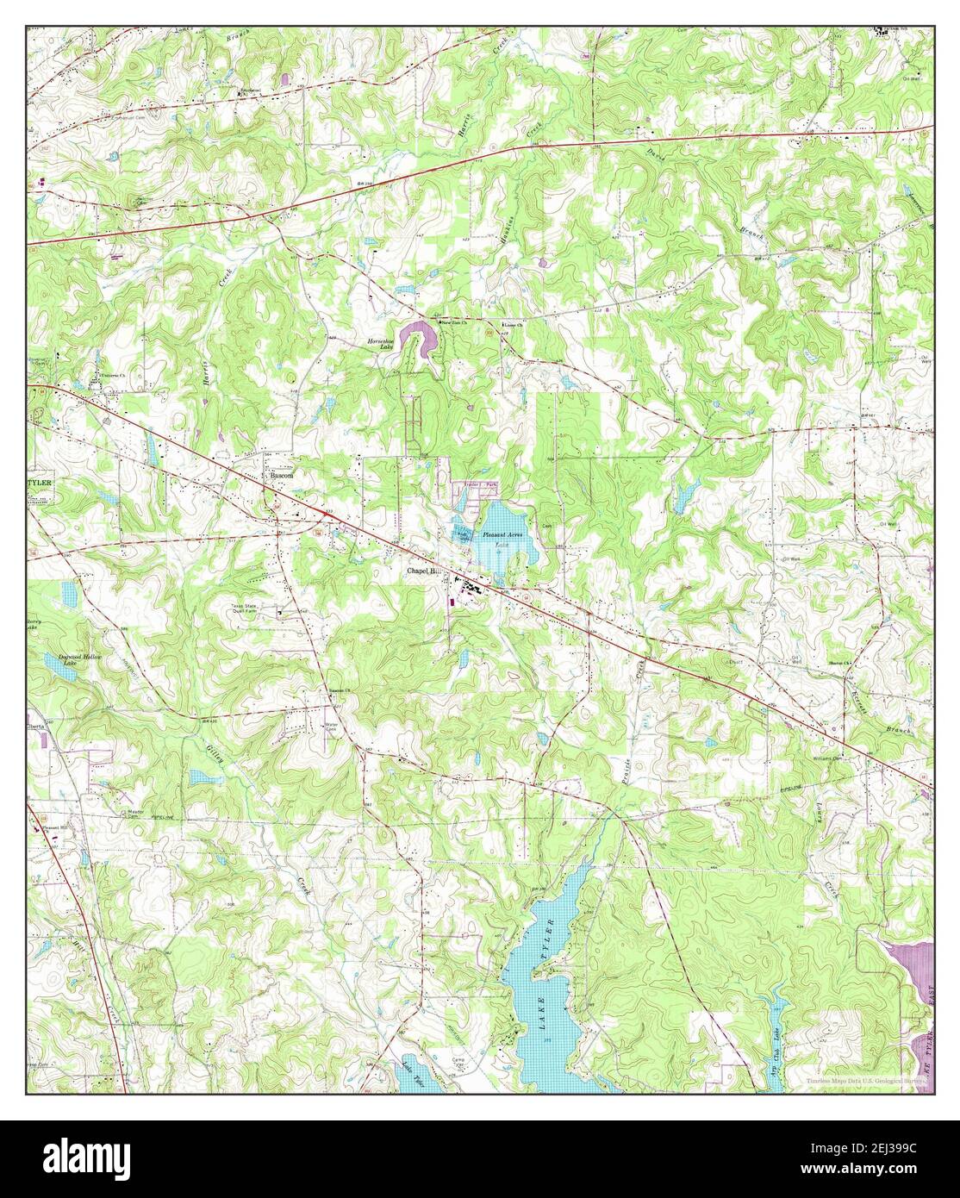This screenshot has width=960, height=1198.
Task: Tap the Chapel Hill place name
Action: pos(424,571)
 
